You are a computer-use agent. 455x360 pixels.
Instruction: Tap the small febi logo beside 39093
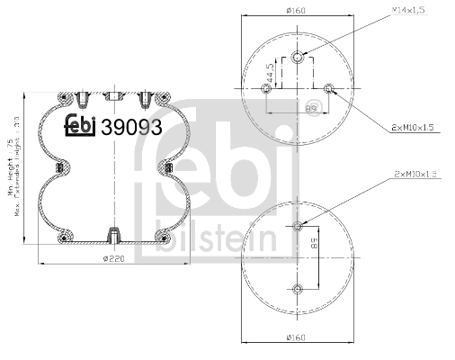click(80, 128)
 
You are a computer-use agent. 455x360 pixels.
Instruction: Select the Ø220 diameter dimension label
click(112, 258)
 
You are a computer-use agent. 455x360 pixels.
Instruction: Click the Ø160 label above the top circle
click(296, 11)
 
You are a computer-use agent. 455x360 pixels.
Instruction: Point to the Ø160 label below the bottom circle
click(296, 337)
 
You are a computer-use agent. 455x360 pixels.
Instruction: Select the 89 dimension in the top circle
click(312, 106)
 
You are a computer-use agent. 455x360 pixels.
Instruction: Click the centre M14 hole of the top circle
click(298, 59)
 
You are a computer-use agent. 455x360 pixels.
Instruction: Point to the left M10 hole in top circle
click(265, 88)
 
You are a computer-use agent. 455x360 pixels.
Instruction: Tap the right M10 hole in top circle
click(329, 88)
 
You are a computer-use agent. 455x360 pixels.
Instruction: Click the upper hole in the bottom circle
click(298, 225)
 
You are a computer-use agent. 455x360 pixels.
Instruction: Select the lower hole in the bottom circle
click(298, 288)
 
